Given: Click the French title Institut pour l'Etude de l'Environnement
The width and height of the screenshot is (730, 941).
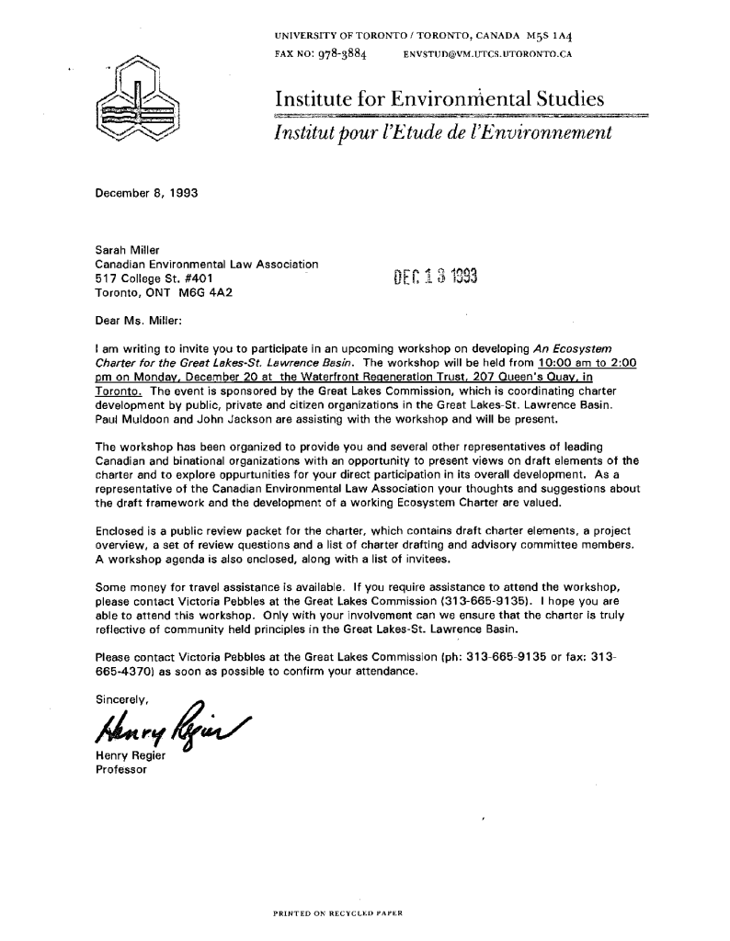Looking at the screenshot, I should [x=439, y=134].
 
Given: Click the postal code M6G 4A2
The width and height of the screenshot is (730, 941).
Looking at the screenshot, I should [x=202, y=294].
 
